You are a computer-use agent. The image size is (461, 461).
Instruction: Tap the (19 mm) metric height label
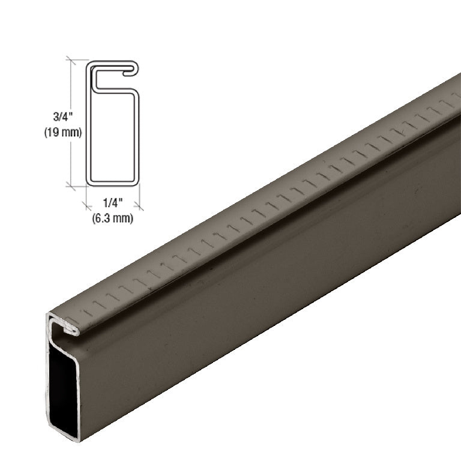point(62,133)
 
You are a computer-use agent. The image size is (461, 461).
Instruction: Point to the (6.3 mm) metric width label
point(113,218)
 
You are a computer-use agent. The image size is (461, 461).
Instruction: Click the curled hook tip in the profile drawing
point(128,73)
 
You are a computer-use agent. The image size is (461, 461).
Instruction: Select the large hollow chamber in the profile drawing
point(113,138)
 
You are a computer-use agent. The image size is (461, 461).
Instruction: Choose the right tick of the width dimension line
point(139,205)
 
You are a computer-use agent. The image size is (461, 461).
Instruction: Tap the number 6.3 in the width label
point(106,218)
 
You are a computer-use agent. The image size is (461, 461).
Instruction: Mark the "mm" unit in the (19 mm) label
point(70,133)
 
